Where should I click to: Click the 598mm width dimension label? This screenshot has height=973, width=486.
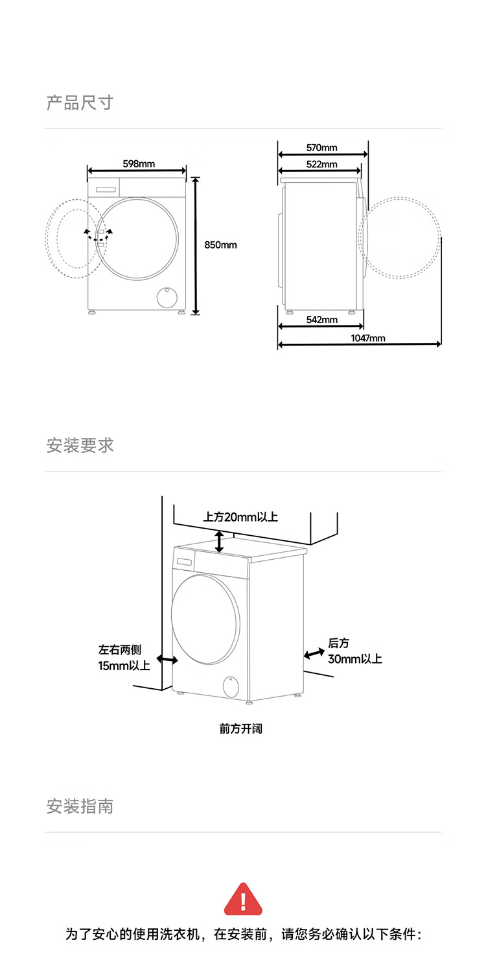139,163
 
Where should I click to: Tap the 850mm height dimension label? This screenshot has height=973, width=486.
220,245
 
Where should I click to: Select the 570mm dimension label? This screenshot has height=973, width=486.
321,148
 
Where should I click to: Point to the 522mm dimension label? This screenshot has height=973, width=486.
321,164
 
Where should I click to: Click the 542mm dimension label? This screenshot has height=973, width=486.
321,319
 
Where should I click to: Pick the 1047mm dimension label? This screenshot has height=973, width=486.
367,338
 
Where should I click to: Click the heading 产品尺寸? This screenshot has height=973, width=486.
80,102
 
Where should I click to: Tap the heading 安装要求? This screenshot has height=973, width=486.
80,446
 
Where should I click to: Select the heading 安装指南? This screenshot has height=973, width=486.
80,806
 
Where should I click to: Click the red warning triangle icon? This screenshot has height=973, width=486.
243,899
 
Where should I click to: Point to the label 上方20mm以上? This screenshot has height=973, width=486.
240,517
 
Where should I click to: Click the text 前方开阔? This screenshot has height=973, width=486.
240,728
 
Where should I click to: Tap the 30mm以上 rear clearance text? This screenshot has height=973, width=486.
354,659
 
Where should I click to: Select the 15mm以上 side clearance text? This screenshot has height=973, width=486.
124,666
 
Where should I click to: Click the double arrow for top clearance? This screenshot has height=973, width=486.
220,541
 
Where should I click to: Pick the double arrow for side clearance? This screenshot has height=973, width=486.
167,660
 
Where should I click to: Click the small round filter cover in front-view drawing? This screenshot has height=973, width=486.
167,296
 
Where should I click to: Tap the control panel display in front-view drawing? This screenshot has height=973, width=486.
105,189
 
